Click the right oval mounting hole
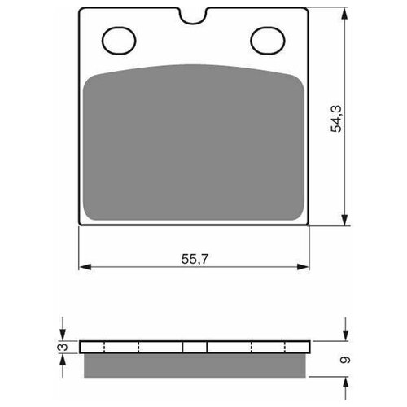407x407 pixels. point(265,38)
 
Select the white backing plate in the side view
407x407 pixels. point(130,347)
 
